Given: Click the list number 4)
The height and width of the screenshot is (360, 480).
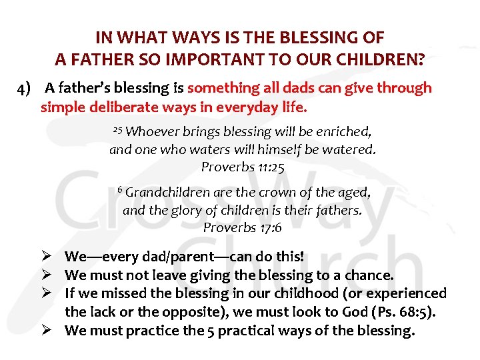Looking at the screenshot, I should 27,88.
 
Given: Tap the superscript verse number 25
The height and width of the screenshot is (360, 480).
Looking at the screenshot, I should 117,129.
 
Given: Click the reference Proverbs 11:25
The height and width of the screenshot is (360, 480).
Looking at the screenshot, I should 243,167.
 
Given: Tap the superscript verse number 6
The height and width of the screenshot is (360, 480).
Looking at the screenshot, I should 119,189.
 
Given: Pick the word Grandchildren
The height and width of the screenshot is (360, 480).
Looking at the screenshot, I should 168,193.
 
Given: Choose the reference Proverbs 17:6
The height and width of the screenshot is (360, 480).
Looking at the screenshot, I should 243,228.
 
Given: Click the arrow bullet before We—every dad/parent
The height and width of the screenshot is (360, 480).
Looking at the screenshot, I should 47,257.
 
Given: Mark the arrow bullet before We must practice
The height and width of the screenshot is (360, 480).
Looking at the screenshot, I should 47,331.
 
